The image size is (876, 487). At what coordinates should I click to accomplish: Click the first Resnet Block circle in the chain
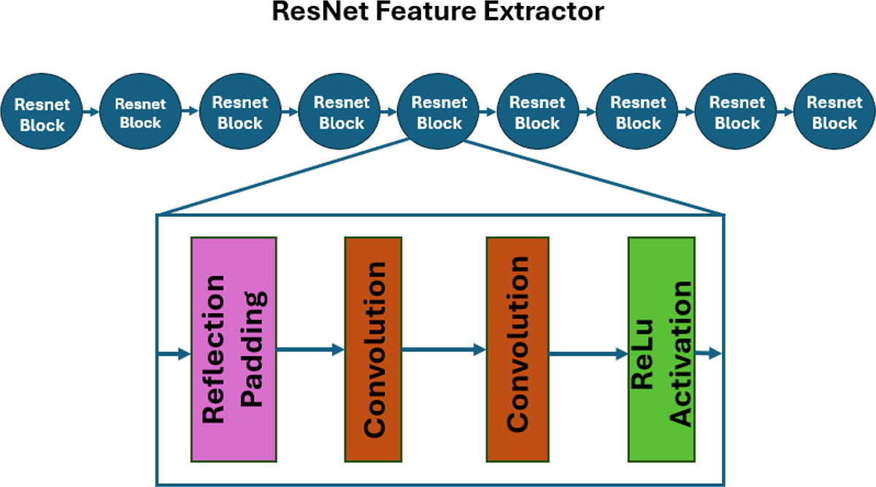(42, 114)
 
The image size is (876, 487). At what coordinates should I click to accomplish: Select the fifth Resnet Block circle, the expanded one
(438, 114)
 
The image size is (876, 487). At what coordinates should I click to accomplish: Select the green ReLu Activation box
(661, 349)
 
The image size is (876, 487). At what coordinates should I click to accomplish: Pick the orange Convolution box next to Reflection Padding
(373, 349)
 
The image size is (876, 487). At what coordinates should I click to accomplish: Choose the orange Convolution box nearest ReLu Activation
(517, 349)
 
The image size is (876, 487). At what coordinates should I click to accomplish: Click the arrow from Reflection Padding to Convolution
(310, 350)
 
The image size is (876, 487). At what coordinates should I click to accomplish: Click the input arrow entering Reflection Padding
(174, 354)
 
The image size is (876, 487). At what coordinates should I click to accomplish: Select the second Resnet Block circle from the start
(140, 113)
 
